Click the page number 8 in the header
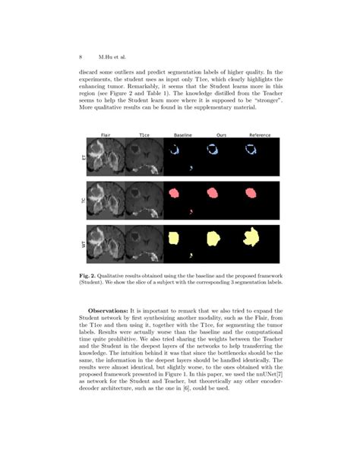[81, 56]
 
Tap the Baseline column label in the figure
[182, 135]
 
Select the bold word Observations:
[109, 310]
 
